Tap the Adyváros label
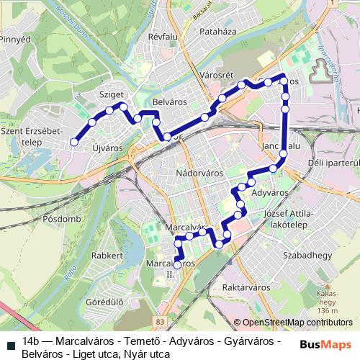(271, 193)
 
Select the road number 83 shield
(159, 322)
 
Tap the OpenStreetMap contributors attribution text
(295, 322)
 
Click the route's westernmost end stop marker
(73, 143)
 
